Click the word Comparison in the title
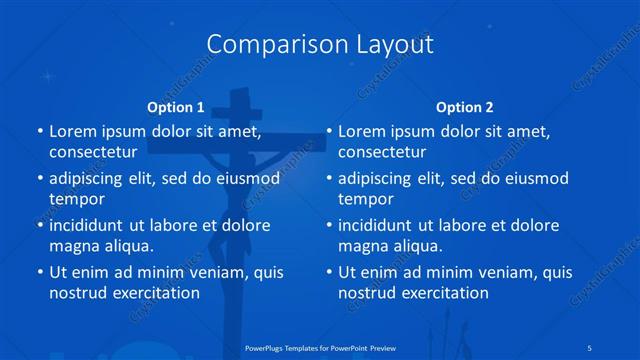coord(264,45)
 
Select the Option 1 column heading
coord(176,106)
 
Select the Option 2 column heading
coord(465,106)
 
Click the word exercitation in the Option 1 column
coord(152,293)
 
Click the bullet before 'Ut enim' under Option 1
coord(39,272)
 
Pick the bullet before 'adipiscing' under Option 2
coord(328,180)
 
